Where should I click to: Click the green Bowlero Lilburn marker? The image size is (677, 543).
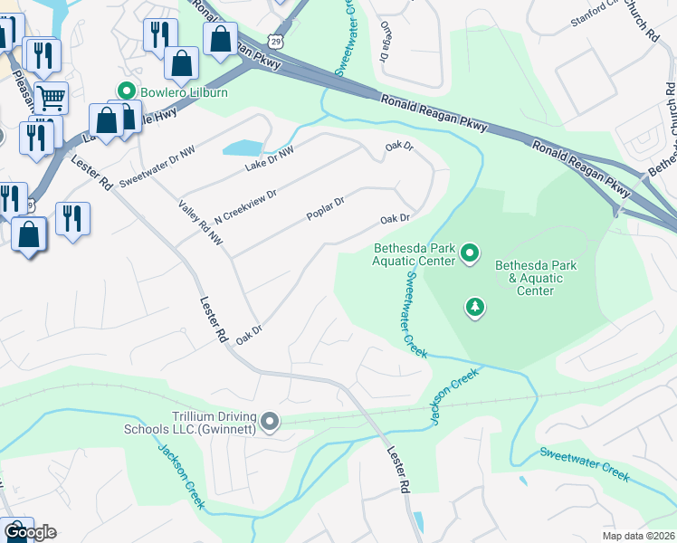tap(125, 90)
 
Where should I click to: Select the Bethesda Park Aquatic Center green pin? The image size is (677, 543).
tap(469, 252)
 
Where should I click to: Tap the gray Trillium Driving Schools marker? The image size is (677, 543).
tap(270, 422)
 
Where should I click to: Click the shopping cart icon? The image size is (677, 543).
tap(52, 95)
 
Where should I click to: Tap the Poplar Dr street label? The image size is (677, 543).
tap(326, 209)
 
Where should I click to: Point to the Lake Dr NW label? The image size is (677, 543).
tap(270, 160)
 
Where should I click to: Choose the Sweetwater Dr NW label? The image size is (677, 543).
tap(157, 166)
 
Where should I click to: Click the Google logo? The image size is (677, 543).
tap(29, 531)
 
